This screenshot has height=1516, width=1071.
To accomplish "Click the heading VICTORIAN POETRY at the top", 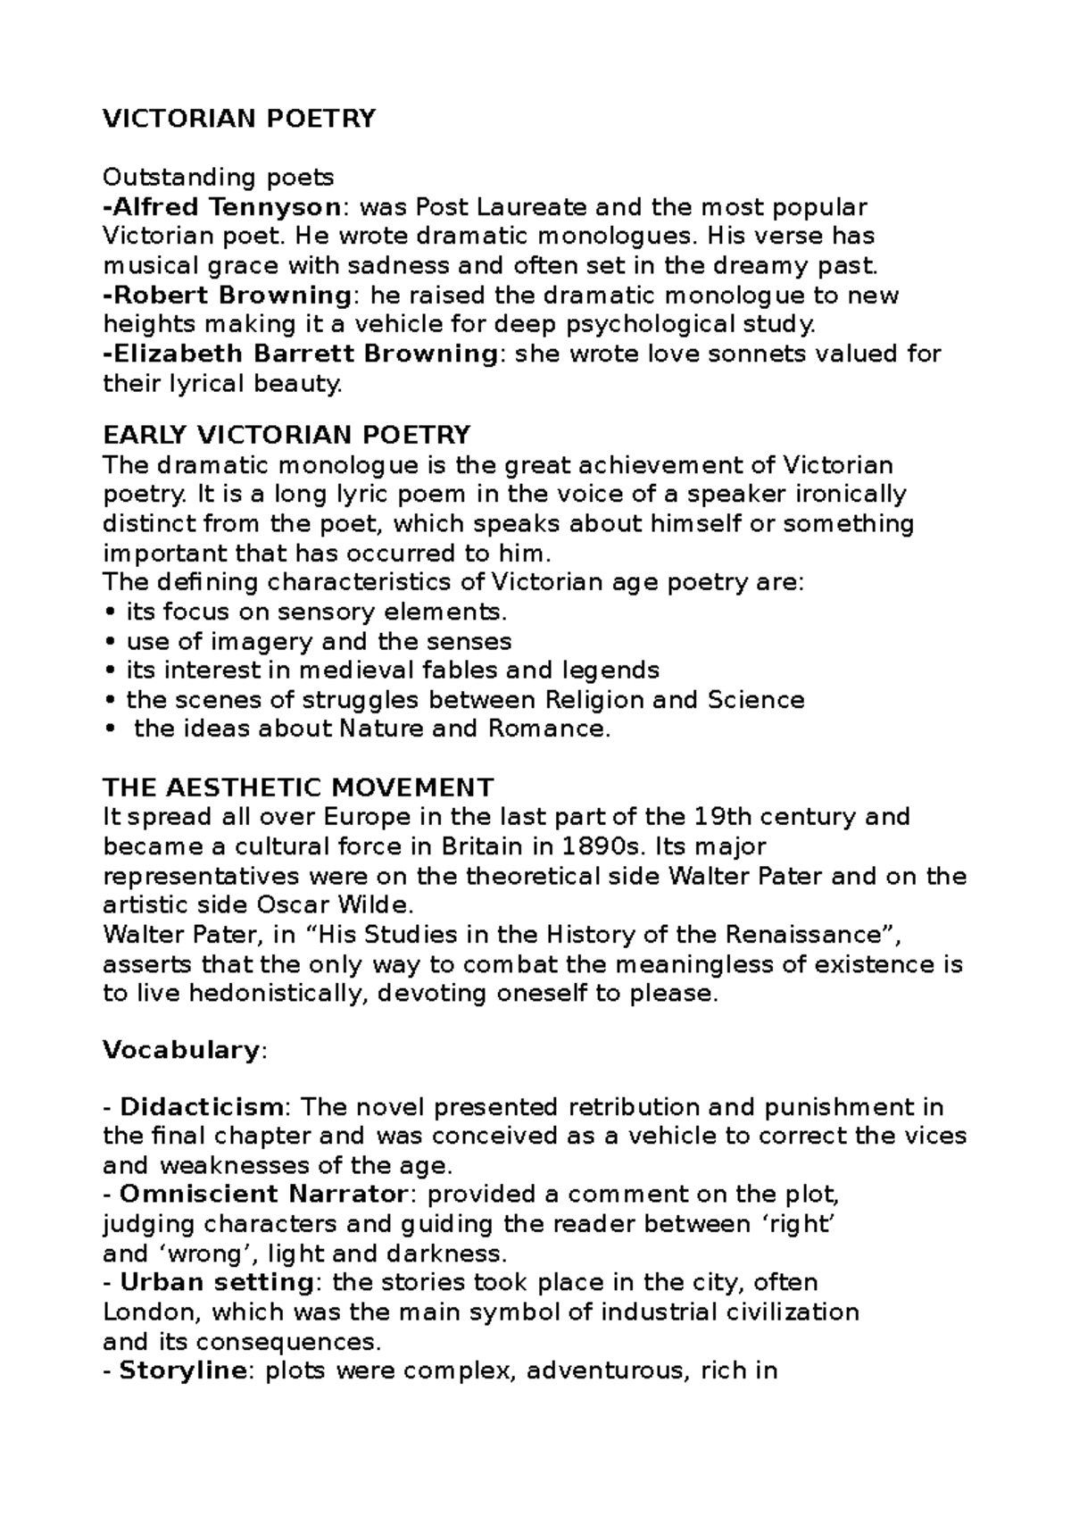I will (x=239, y=119).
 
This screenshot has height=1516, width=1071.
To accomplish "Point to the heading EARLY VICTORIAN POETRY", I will (x=286, y=435).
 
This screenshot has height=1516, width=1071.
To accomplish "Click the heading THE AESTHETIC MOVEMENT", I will (x=298, y=787).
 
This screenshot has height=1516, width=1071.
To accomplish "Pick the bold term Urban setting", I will (x=215, y=1282).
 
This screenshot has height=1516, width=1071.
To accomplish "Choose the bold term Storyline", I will (x=182, y=1370).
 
